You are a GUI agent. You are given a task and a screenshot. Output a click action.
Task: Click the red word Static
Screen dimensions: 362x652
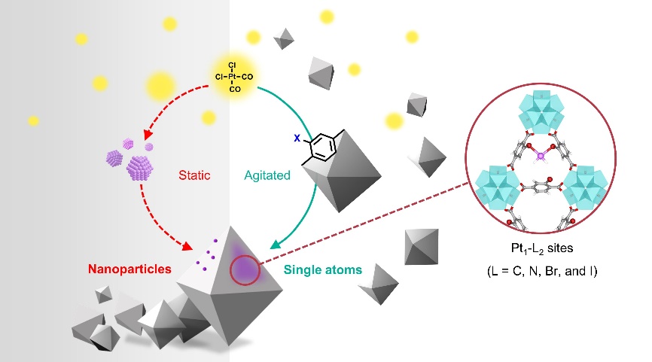pos(195,175)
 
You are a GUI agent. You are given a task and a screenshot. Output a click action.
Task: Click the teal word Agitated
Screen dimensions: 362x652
pos(267,175)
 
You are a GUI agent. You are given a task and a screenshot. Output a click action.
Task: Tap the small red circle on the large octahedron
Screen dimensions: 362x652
pos(242,269)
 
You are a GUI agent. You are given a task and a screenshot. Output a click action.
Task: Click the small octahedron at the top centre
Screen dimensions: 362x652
pos(283,37)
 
